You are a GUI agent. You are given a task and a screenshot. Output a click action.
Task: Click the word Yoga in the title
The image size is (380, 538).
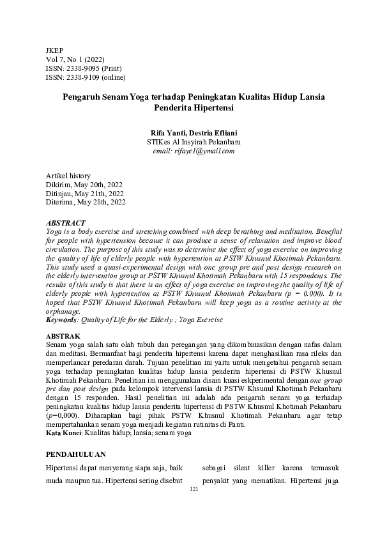pyautogui.click(x=138, y=96)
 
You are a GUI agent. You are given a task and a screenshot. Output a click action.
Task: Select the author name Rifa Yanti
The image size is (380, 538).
pyautogui.click(x=167, y=132)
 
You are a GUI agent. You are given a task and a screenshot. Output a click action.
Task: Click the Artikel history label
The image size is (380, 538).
pyautogui.click(x=68, y=176)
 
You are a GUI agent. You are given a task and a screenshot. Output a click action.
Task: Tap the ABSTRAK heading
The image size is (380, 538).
pyautogui.click(x=64, y=336)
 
